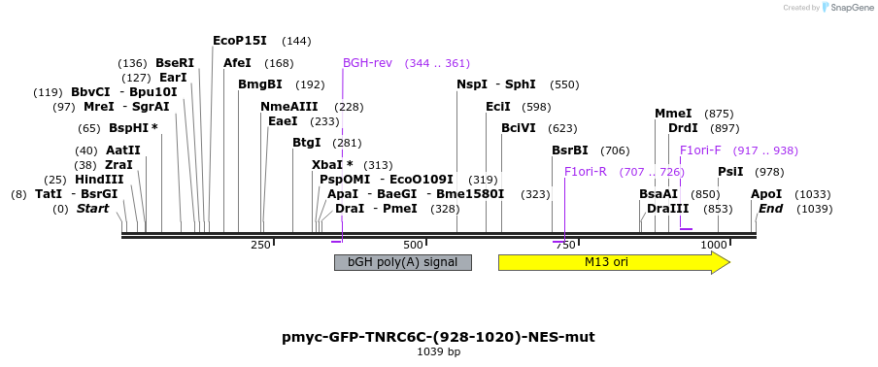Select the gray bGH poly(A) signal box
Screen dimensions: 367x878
pos(402,262)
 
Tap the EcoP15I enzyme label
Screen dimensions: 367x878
pos(239,41)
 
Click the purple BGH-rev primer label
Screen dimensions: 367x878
pos(367,63)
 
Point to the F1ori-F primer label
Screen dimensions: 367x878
pos(700,150)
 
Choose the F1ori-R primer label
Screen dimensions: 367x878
pos(586,172)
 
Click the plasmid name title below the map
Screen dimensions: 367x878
pos(438,337)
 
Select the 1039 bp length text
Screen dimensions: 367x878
pos(438,351)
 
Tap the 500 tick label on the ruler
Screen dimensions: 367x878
pos(413,245)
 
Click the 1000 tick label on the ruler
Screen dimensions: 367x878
pos(713,245)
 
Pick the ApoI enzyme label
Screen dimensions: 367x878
pos(765,194)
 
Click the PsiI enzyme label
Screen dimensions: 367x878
pos(730,172)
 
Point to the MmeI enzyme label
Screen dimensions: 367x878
pos(673,114)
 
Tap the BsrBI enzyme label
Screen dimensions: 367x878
pos(570,150)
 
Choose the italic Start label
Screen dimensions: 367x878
pos(93,209)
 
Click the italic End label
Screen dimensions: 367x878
pos(770,209)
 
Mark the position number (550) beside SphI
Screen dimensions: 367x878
pos(564,84)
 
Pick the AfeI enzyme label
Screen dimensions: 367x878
pos(237,63)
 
